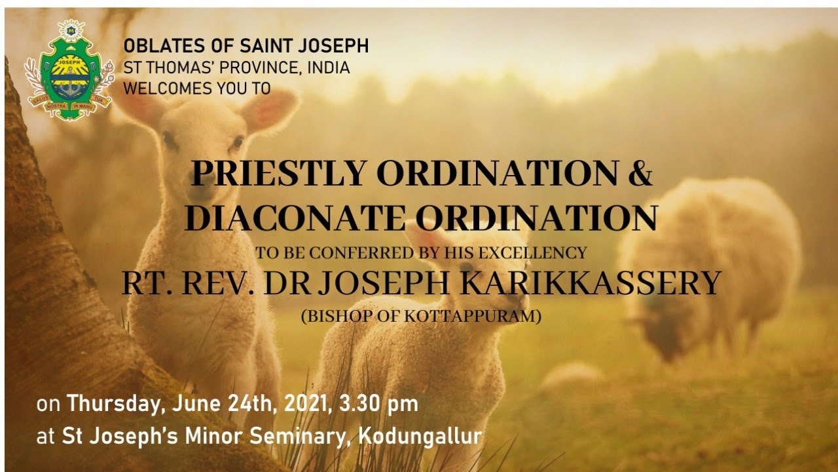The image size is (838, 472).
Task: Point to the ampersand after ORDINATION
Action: point(639,174)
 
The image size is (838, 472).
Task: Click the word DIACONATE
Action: point(293,218)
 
